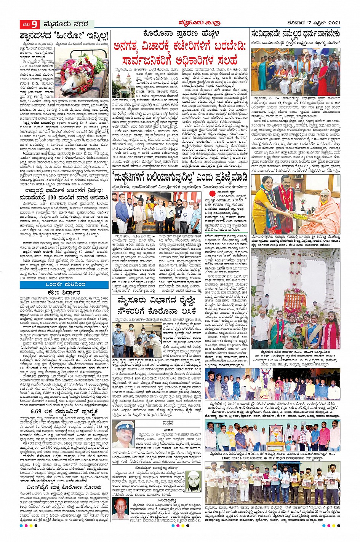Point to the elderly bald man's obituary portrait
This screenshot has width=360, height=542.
click(121, 509)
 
